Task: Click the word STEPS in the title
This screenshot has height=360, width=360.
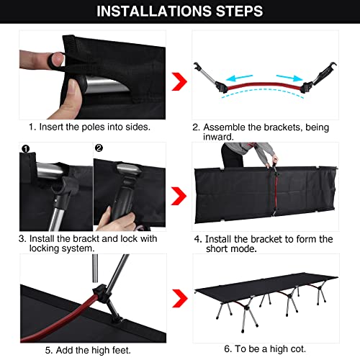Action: click(234, 12)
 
